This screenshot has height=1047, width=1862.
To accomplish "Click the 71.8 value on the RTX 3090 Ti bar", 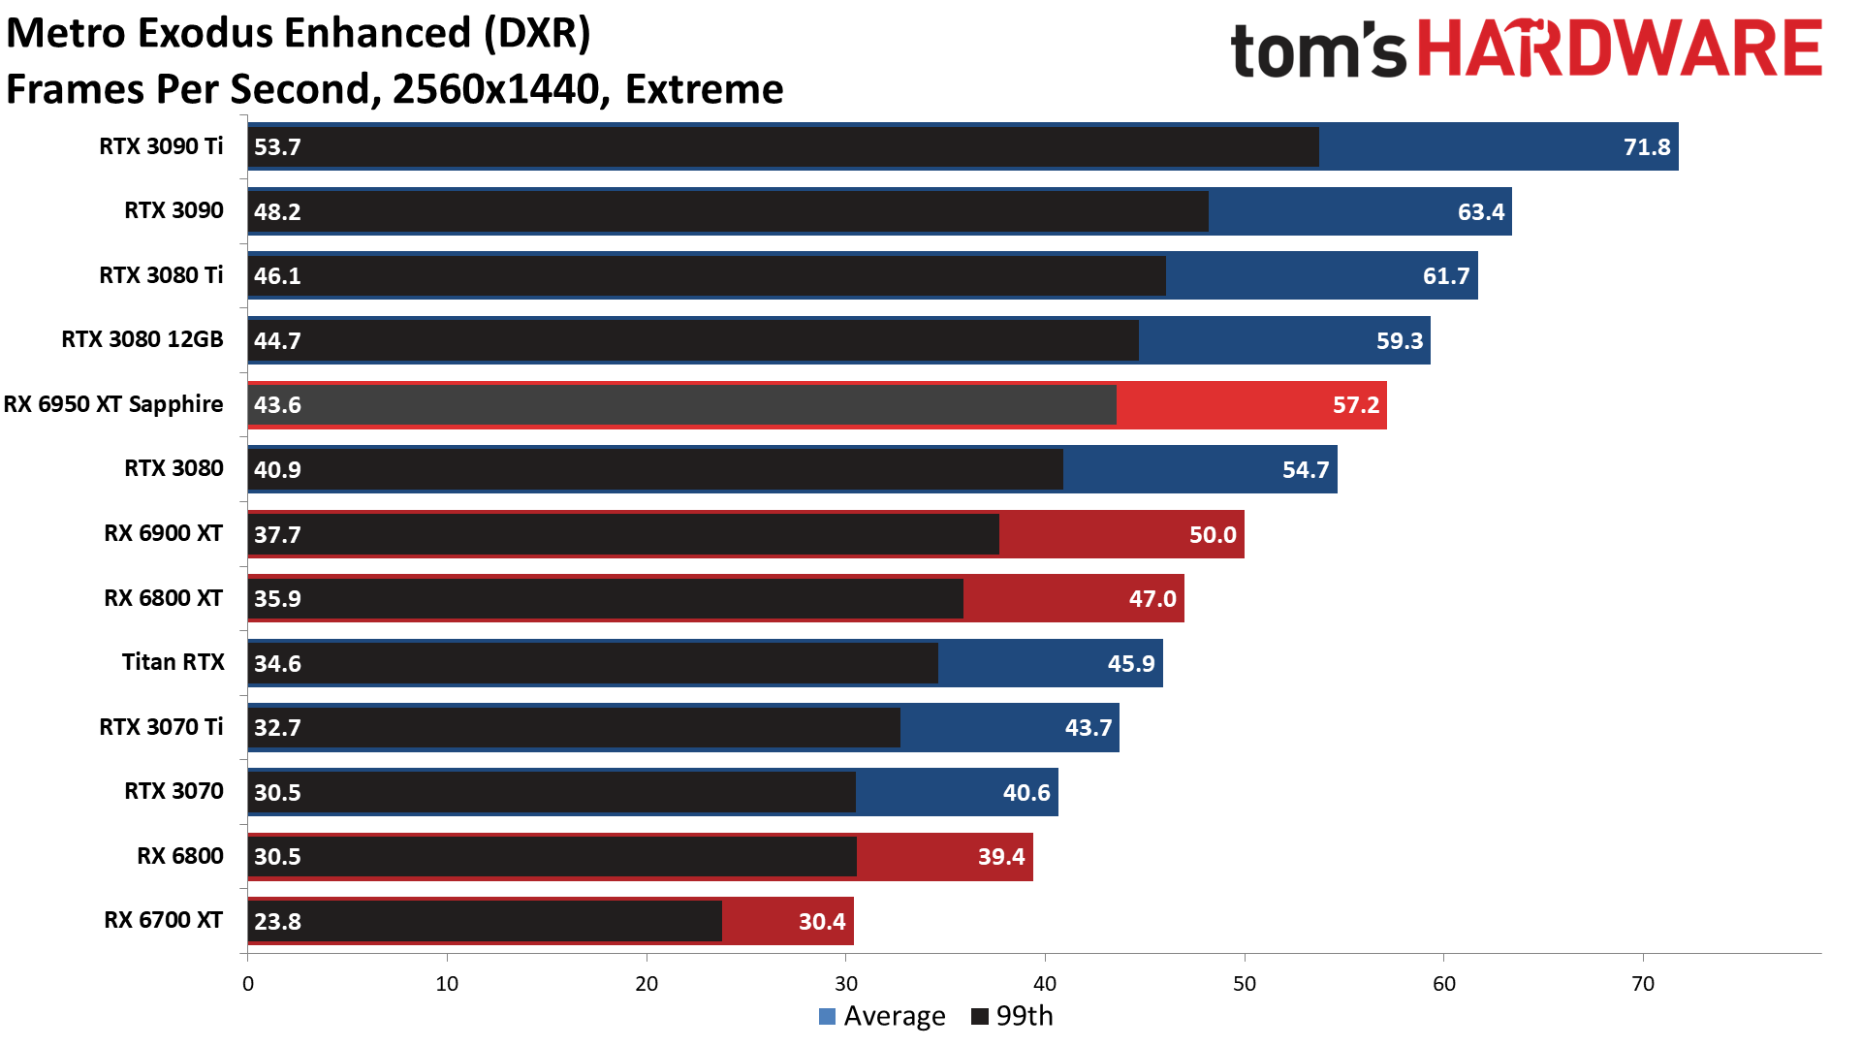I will point(1646,147).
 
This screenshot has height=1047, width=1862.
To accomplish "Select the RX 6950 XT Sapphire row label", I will point(113,404).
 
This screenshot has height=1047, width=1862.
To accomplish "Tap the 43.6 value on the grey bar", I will point(277,405).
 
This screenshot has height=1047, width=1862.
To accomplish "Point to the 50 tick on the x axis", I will point(1244,983).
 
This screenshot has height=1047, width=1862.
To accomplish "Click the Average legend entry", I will point(882,1016).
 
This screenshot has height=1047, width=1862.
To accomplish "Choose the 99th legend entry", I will point(1012,1016).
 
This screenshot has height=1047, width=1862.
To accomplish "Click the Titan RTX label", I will point(173,662).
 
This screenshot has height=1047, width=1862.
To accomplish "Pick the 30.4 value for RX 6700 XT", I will point(821,922).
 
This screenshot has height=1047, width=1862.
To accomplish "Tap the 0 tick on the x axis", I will point(248,983).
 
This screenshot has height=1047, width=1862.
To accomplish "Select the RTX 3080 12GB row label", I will point(142,339).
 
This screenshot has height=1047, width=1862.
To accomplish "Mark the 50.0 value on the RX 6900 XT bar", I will point(1212,535).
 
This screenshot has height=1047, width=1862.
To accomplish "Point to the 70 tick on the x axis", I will point(1642,983).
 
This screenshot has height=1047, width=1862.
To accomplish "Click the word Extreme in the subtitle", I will point(704,89).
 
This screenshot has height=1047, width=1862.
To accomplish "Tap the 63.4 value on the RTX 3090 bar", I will point(1480,212).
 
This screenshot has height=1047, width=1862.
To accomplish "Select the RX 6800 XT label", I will point(163,598).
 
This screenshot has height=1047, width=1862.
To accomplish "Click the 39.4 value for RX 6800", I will point(1000,857).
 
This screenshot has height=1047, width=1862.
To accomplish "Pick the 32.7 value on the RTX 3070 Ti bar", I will point(277,728).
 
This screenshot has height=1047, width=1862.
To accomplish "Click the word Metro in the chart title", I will point(66,33).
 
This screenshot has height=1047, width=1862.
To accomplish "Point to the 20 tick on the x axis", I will point(647,983).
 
